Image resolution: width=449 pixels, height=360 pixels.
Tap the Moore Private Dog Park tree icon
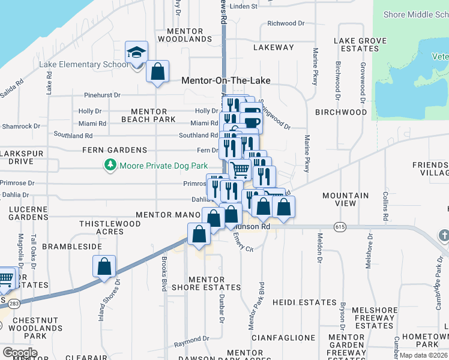110,165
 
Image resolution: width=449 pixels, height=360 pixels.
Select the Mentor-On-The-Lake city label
226,80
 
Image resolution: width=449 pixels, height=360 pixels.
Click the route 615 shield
340,226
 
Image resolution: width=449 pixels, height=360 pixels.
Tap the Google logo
20,353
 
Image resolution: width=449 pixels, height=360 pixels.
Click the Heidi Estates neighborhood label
304,302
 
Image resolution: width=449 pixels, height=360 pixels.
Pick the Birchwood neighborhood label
341,112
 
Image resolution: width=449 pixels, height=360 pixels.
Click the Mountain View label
346,200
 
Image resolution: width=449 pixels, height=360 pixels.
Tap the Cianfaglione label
283,338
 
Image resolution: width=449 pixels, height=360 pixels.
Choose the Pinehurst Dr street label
103,95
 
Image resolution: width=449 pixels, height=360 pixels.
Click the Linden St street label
243,7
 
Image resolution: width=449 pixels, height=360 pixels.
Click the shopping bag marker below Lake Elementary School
157,72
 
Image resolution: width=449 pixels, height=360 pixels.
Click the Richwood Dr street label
286,23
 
